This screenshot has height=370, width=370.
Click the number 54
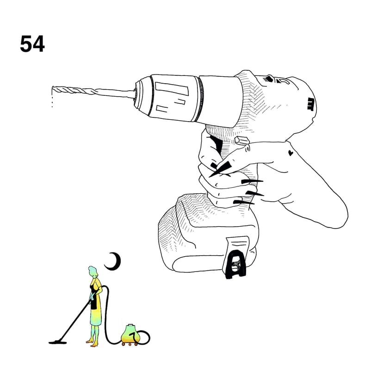click(32, 44)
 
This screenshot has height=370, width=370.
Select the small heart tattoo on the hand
click(291, 153)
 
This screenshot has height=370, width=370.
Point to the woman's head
click(92, 271)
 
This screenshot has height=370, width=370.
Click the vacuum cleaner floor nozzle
click(57, 342)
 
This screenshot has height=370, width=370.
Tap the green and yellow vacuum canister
click(129, 334)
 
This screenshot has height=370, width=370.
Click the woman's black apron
click(94, 297)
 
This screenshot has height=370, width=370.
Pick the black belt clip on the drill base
click(235, 265)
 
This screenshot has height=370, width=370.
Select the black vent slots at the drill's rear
click(311, 104)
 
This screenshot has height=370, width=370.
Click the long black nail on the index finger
click(220, 168)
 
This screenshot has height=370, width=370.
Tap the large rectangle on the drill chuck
click(172, 88)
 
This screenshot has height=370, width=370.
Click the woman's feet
click(92, 343)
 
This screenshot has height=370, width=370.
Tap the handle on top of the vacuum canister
click(130, 325)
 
